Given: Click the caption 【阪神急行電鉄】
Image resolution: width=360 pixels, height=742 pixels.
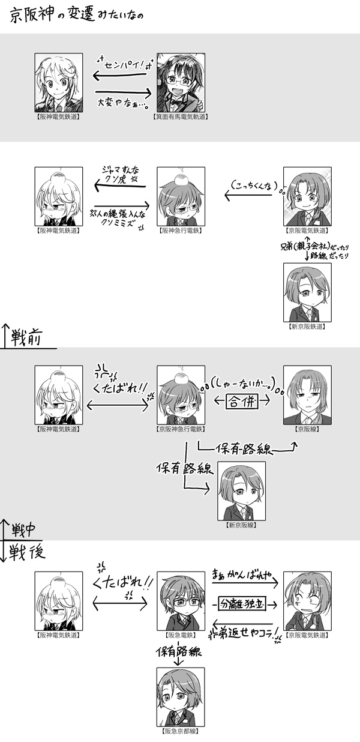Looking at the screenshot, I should click(181, 230).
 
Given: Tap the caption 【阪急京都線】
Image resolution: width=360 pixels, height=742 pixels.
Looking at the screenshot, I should click(181, 732).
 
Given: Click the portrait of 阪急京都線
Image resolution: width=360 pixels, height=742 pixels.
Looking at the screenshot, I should click(181, 697).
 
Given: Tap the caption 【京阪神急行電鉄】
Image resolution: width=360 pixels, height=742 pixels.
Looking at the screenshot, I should click(181, 430).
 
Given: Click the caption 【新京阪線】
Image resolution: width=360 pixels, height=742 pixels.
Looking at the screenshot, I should click(241, 525).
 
